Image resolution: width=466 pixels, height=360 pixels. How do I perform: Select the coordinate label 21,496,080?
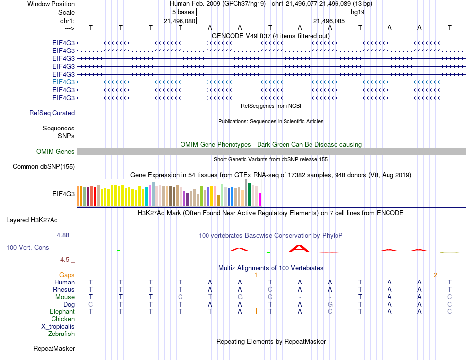[x=180, y=21]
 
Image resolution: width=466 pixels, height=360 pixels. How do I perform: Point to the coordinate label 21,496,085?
[x=329, y=21]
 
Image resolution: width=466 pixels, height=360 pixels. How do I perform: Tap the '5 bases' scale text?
[x=183, y=12]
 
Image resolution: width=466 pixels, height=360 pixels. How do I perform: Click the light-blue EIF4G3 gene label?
[x=63, y=82]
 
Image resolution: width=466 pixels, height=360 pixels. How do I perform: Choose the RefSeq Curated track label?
[x=52, y=113]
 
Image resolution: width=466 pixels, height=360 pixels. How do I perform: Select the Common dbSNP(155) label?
[x=44, y=167]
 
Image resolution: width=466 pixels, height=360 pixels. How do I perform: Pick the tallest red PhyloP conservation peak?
[x=299, y=248]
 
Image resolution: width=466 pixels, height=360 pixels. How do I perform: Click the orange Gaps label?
[x=67, y=275]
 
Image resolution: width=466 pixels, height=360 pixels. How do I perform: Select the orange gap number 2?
[x=435, y=275]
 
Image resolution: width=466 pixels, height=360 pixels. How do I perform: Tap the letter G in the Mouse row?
[x=240, y=297]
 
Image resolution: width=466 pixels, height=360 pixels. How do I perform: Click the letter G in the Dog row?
[x=330, y=305]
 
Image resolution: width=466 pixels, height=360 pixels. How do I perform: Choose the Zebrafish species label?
[x=61, y=334]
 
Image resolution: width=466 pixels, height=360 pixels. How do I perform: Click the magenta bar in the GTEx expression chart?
[x=259, y=200]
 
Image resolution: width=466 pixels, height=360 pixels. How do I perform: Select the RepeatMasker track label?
[x=54, y=349]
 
